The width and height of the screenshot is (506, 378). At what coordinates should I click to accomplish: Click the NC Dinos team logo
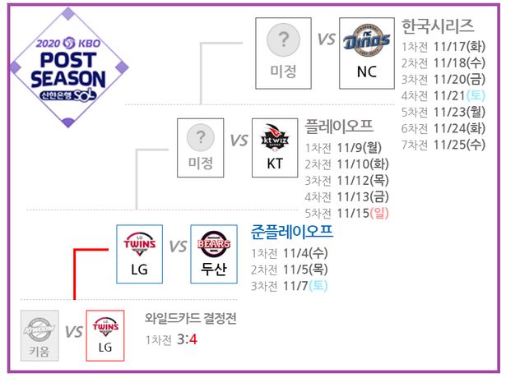coord(367,40)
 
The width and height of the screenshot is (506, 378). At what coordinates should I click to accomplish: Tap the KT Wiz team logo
coord(275,137)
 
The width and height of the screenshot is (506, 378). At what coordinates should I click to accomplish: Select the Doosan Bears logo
coord(214,244)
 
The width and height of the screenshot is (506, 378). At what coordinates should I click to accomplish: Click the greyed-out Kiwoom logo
coord(39,329)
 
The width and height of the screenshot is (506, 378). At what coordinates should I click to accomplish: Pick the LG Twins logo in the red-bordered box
coord(105,326)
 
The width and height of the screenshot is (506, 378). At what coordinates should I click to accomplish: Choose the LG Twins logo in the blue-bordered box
coord(139,244)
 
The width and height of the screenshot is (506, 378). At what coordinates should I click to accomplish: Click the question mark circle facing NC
coord(283,40)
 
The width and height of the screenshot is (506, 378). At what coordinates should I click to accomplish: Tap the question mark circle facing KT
coord(201,137)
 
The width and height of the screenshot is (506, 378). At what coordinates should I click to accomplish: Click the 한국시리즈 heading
coord(437,26)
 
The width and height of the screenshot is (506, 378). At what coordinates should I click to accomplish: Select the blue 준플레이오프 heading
coord(292,232)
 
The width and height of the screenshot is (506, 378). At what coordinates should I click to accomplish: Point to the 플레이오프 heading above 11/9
coord(339,127)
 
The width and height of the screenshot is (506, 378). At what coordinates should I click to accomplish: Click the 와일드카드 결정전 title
coord(190,318)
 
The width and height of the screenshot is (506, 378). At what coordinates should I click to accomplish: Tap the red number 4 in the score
coord(193,339)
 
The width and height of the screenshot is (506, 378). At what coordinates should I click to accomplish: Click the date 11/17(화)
coord(459,46)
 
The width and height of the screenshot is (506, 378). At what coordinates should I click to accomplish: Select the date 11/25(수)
coord(459,145)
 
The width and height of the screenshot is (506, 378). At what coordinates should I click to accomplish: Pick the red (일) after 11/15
coord(379,213)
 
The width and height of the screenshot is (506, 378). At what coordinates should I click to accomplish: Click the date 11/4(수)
coord(305,253)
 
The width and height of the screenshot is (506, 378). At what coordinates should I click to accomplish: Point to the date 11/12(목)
coord(363,181)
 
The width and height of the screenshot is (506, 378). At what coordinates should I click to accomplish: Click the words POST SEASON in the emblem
coord(68,70)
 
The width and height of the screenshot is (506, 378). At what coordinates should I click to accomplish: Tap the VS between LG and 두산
coord(178,247)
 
